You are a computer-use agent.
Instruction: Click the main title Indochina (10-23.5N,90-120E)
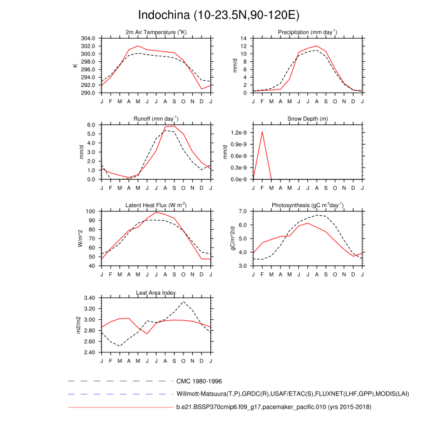pyautogui.click(x=219, y=14)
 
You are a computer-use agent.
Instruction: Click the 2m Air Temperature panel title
pyautogui.click(x=156, y=32)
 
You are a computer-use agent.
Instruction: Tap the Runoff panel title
pyautogui.click(x=156, y=118)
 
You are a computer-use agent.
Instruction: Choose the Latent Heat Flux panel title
pyautogui.click(x=156, y=205)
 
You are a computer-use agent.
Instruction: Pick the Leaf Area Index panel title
pyautogui.click(x=156, y=292)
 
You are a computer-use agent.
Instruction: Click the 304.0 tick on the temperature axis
pyautogui.click(x=88, y=38)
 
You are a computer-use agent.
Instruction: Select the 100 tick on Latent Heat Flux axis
pyautogui.click(x=90, y=211)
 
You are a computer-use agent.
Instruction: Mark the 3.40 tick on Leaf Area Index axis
pyautogui.click(x=88, y=298)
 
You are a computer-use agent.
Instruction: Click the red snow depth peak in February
pyautogui.click(x=262, y=132)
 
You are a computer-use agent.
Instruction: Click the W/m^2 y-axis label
pyautogui.click(x=80, y=238)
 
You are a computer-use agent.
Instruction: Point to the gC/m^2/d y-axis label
pyautogui.click(x=233, y=238)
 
